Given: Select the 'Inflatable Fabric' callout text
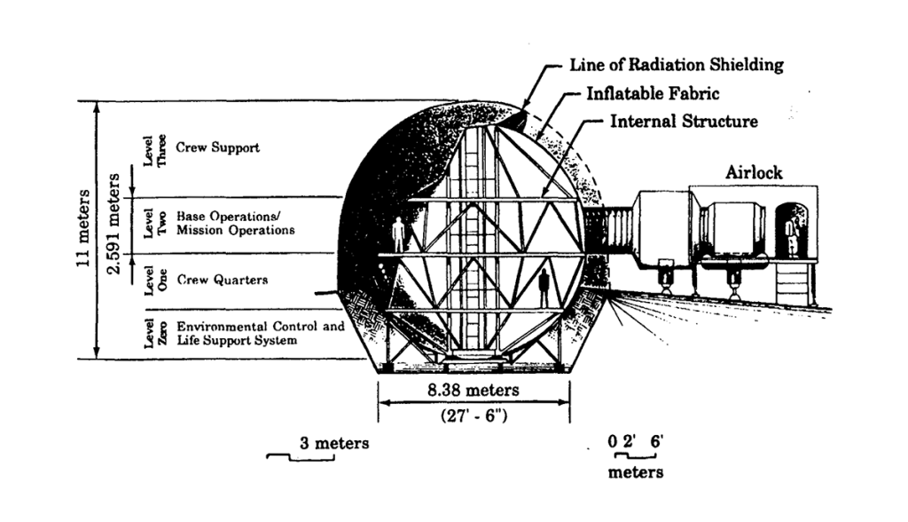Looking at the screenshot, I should tap(653, 92).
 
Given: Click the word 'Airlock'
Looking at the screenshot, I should tap(754, 172).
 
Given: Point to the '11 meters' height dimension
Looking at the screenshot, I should tap(84, 231).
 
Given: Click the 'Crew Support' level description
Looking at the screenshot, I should tap(217, 147).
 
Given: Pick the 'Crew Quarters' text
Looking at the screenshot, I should tap(222, 280).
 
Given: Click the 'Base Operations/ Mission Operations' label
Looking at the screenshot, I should tap(235, 223).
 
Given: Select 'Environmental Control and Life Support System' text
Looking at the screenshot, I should tap(260, 333).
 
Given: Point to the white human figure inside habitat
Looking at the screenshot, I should tap(398, 233).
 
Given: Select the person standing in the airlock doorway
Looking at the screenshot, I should tap(791, 236).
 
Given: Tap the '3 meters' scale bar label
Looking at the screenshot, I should tap(333, 442).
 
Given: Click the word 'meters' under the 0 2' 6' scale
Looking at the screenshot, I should tap(635, 471).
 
